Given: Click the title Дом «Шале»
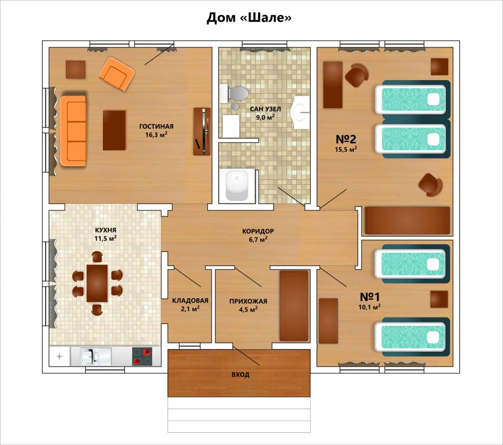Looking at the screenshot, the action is (249, 18).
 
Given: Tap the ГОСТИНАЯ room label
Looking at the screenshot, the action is (156, 126).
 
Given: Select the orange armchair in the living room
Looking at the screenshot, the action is (116, 73).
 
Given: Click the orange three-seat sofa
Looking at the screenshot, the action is (73, 131).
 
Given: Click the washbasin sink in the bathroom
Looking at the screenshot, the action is (301, 112).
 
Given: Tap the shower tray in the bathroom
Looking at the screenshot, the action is (237, 186).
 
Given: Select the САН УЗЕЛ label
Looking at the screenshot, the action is (265, 109).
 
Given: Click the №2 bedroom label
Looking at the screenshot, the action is (346, 139).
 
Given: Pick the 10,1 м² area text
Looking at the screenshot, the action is (370, 307).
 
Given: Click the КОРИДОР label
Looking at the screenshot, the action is (258, 231).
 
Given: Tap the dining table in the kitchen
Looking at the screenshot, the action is (97, 283).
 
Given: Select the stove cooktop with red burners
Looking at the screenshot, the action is (142, 357).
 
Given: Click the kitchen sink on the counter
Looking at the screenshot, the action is (91, 357).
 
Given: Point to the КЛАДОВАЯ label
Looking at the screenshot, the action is (190, 300).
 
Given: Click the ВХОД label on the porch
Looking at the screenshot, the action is (240, 374).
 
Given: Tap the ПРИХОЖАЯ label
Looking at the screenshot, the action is (248, 301).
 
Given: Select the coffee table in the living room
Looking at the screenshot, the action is (114, 130).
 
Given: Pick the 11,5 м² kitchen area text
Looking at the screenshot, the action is (105, 239).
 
